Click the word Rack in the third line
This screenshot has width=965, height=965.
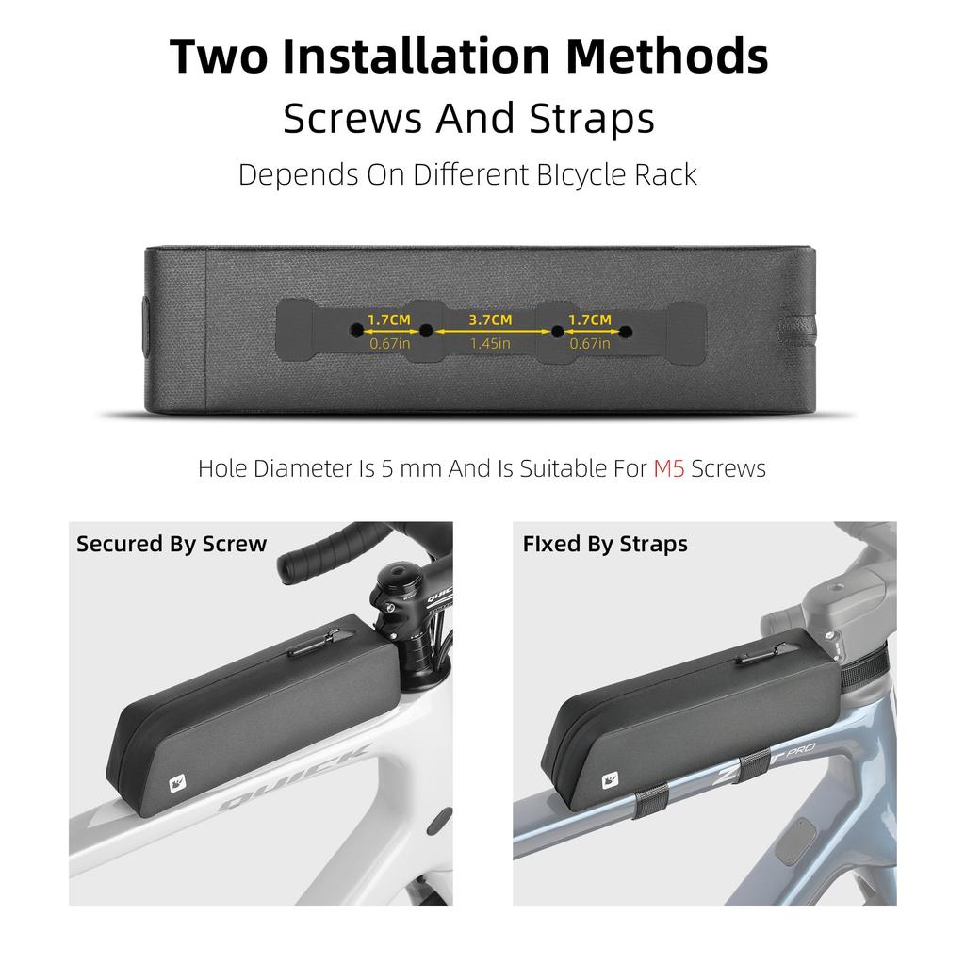tap(663, 174)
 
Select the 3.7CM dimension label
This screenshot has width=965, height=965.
tap(490, 320)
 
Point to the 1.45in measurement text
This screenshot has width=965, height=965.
tap(490, 344)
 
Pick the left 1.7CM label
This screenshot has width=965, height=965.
tap(389, 320)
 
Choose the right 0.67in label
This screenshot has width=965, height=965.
tap(590, 344)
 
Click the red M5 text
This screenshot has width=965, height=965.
tap(669, 468)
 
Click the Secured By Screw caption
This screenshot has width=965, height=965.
tap(172, 544)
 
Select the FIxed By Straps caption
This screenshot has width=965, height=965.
tap(605, 544)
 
